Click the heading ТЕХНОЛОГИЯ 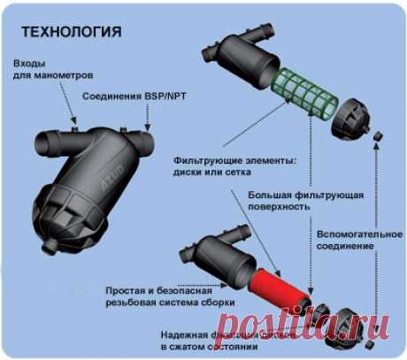[x=70, y=34]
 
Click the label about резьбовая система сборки [x=169, y=296]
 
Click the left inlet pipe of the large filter [x=48, y=144]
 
